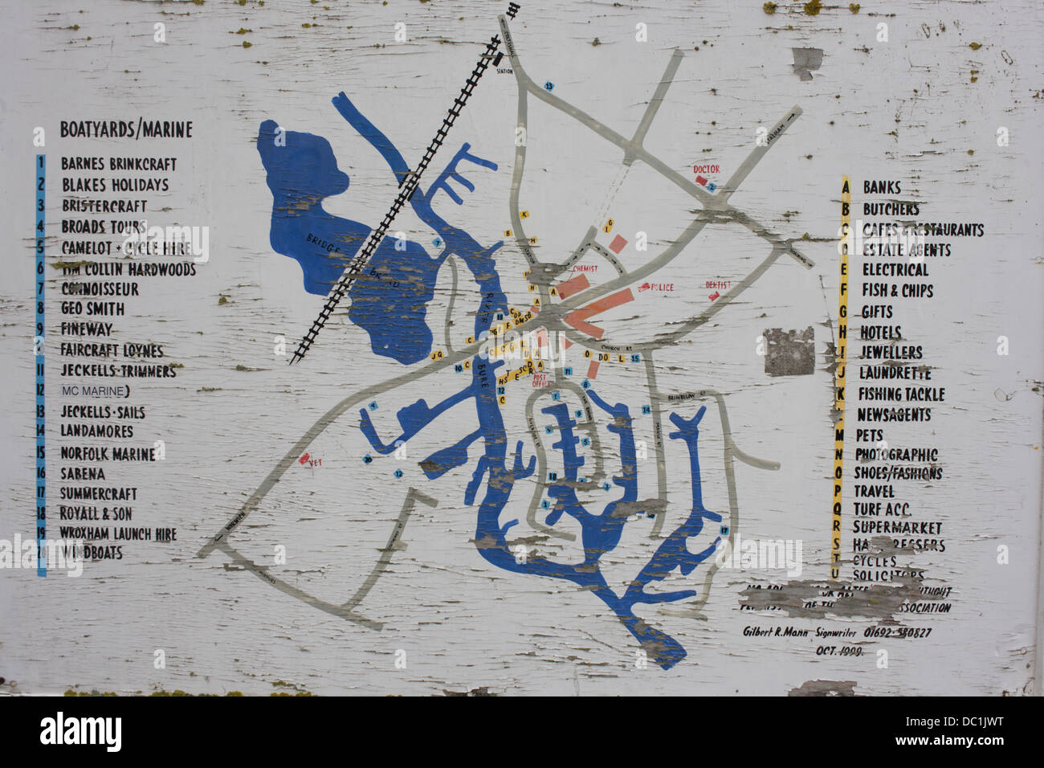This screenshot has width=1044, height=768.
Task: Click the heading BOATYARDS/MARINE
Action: click(x=126, y=130)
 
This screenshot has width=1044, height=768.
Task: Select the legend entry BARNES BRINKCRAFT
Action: click(x=118, y=164)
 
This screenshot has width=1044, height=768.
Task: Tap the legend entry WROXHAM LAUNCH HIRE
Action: click(x=117, y=533)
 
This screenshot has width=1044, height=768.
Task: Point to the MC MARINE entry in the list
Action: click(x=95, y=391)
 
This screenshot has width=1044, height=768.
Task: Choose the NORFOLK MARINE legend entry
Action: click(x=108, y=454)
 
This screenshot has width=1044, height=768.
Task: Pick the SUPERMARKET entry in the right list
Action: click(x=896, y=528)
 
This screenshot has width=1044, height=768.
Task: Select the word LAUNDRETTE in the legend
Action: click(x=895, y=373)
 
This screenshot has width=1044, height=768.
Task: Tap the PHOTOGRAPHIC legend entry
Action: click(x=895, y=455)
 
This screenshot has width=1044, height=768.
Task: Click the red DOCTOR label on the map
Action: click(x=707, y=170)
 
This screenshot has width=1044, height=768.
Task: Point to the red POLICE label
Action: click(x=663, y=287)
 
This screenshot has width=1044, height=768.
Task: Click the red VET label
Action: click(x=306, y=460)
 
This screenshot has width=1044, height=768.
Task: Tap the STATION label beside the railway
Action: click(x=504, y=71)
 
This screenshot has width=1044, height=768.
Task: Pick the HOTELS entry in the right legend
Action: click(x=881, y=332)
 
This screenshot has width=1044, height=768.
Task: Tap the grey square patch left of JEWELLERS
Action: click(x=788, y=352)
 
